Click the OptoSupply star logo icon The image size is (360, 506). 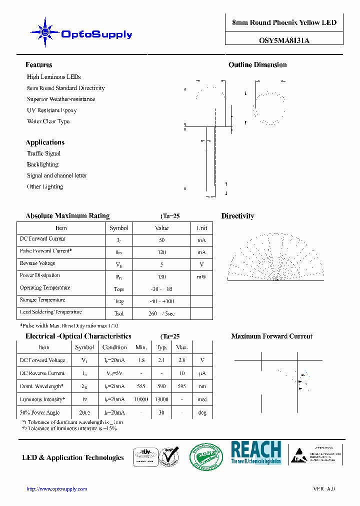45,33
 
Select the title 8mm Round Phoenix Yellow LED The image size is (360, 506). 284,23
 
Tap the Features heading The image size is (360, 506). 38,65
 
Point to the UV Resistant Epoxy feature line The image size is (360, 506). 51,110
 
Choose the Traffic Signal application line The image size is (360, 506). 43,153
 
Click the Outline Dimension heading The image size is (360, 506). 257,65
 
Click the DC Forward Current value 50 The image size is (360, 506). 161,240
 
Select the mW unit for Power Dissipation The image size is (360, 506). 201,276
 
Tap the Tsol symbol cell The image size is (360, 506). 119,313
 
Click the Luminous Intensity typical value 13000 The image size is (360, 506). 161,399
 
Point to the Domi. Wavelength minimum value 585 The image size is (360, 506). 141,386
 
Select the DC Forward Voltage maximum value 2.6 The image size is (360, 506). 181,360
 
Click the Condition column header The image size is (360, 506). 114,347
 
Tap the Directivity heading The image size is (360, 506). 237,216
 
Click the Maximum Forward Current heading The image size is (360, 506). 271,336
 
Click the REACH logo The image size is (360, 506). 255,452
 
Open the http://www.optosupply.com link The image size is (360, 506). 56,489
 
